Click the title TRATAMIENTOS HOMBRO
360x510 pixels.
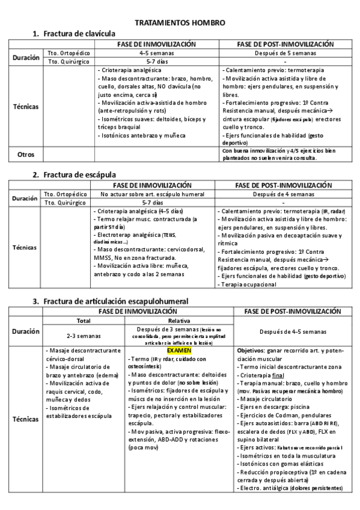[x=180, y=22]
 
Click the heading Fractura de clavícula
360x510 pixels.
[x=79, y=34]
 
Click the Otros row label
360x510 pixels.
[x=26, y=154]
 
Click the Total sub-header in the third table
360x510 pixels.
[x=80, y=321]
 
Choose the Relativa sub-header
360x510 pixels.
[x=179, y=321]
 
